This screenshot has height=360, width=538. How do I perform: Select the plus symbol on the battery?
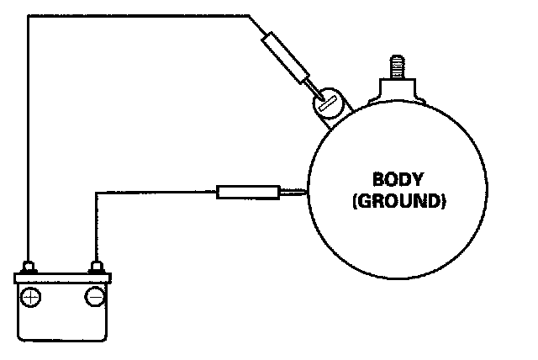coord(30,297)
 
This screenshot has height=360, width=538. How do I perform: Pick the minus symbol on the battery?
coord(94,297)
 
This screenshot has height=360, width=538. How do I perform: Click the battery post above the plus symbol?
coord(29,268)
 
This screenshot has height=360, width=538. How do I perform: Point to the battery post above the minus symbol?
coord(96,268)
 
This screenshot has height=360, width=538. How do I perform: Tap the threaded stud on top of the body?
coord(395,66)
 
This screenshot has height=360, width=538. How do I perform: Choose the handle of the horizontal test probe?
coord(247,193)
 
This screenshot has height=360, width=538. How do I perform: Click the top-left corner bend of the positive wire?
coord(28,15)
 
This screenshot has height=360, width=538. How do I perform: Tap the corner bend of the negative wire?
coord(96,193)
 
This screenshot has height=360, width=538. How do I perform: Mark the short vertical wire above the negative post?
coord(96,227)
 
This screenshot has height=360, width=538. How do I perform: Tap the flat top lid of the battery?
coord(63,278)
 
